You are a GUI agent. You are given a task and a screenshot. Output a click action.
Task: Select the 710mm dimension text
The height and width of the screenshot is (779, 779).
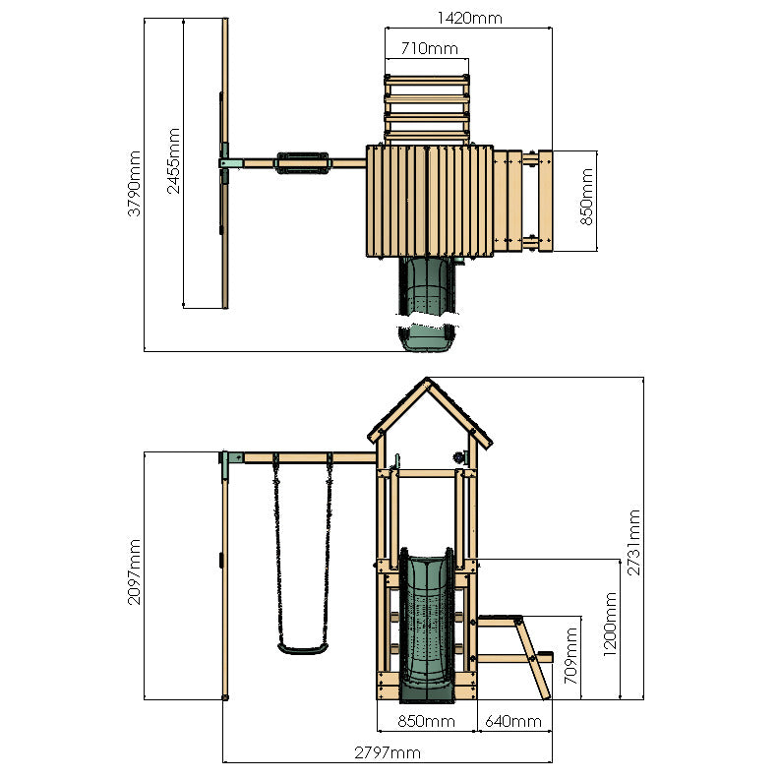pos(428,48)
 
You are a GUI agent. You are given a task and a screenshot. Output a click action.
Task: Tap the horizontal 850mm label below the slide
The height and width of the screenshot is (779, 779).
pos(426,722)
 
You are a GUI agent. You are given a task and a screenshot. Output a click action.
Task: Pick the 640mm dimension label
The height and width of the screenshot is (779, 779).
pos(513,722)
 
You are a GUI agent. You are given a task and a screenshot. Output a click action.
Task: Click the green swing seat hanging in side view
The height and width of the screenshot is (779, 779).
pos(302,648)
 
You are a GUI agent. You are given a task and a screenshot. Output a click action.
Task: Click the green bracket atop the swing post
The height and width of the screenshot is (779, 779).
pos(231,459)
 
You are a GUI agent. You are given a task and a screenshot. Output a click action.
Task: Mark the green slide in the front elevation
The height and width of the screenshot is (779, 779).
pos(426,625)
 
